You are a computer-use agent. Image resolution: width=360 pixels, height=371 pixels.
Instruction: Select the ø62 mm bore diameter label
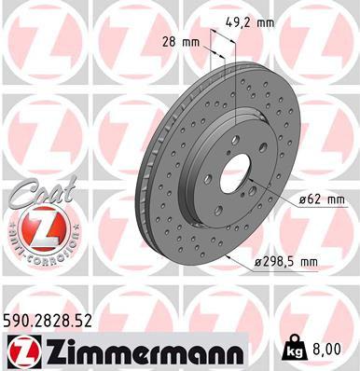point(323,199)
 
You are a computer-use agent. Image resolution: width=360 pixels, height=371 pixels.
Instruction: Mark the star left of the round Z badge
point(8,228)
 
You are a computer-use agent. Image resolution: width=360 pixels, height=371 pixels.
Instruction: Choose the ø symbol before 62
point(303,199)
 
